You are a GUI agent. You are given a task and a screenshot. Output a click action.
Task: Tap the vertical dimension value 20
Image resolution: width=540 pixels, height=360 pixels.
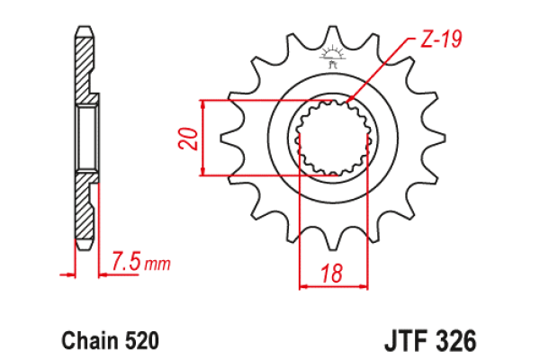(188, 138)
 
